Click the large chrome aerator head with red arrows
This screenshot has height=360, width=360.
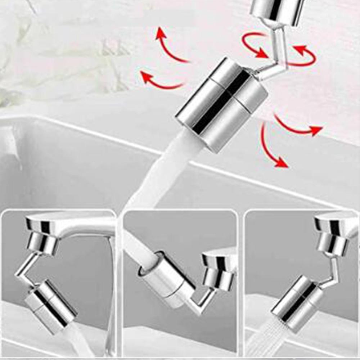point(221,104)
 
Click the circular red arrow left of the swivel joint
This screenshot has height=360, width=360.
point(254,45)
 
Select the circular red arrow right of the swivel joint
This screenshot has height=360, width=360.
point(304,56)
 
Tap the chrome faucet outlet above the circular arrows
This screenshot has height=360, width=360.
point(277,11)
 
